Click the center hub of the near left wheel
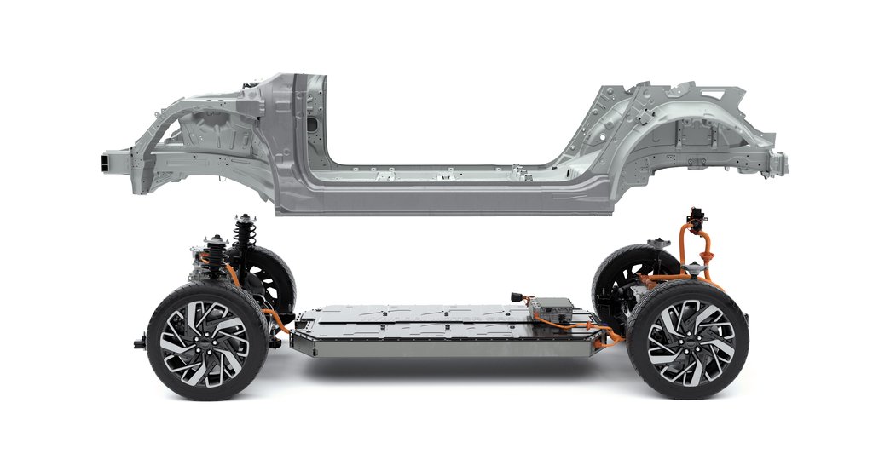tap(204, 342)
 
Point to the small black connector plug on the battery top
tap(515, 297)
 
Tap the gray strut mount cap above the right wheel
tap(656, 244)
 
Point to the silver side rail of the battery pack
tap(443, 344)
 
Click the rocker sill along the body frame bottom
tap(443, 198)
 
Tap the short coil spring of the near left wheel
tap(213, 256)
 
